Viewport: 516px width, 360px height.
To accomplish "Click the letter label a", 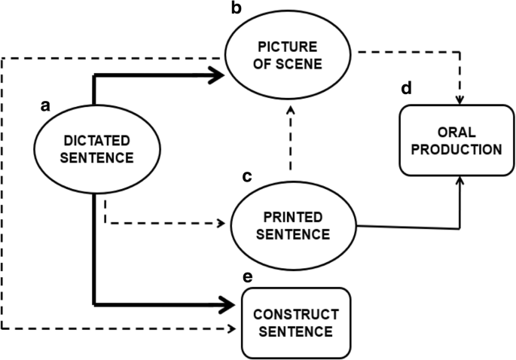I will point(44,106).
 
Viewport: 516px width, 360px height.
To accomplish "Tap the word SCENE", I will point(301,65).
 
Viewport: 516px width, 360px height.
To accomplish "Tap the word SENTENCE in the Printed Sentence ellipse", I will point(293,233).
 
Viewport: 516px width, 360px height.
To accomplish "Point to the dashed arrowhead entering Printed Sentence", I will point(222,223).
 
